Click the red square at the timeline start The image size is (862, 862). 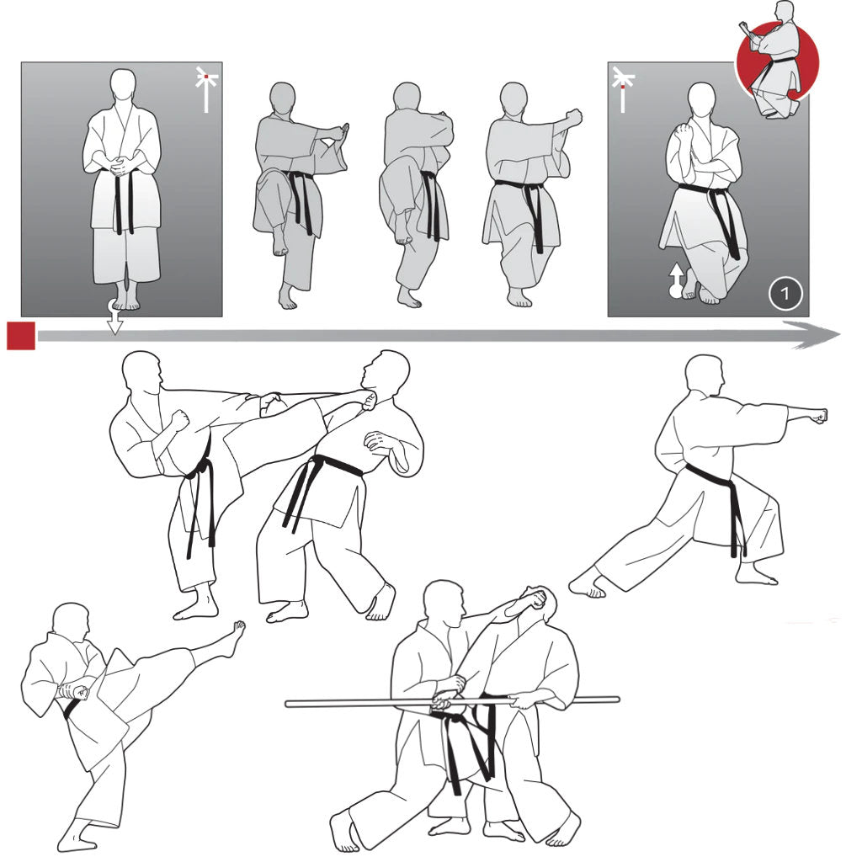click(21, 336)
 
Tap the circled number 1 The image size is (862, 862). click(785, 293)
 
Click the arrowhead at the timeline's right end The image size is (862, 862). click(813, 335)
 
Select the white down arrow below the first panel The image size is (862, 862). click(114, 317)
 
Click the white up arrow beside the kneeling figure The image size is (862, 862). click(676, 280)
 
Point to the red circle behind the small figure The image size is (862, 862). click(777, 61)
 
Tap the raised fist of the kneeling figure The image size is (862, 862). click(684, 134)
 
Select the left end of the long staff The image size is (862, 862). click(287, 704)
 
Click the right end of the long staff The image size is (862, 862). click(617, 700)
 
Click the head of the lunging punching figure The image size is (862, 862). click(705, 375)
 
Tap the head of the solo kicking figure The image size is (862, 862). click(72, 621)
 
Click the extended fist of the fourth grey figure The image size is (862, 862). click(574, 117)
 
